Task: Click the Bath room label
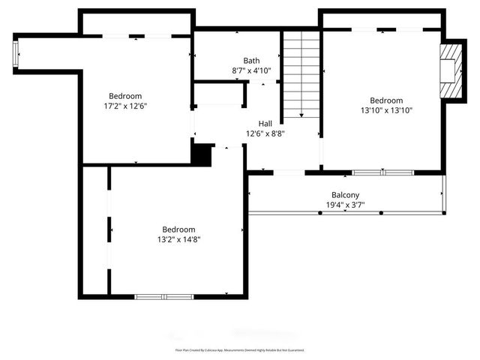(251, 61)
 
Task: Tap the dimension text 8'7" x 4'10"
(251, 70)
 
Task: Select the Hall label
(265, 124)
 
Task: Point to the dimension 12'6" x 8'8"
(265, 133)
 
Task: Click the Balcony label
(345, 195)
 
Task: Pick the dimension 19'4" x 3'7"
(345, 205)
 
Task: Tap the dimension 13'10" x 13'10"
(386, 110)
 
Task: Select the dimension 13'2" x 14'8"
(178, 239)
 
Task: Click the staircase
(301, 75)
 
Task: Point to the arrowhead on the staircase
(301, 115)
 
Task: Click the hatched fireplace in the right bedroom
(451, 70)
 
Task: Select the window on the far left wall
(16, 55)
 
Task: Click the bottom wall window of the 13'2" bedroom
(163, 297)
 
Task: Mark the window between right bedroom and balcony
(382, 172)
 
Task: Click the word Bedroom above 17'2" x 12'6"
(126, 96)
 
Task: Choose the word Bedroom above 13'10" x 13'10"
(386, 100)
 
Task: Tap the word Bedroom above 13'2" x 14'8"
(178, 229)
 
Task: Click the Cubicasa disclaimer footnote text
(240, 350)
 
